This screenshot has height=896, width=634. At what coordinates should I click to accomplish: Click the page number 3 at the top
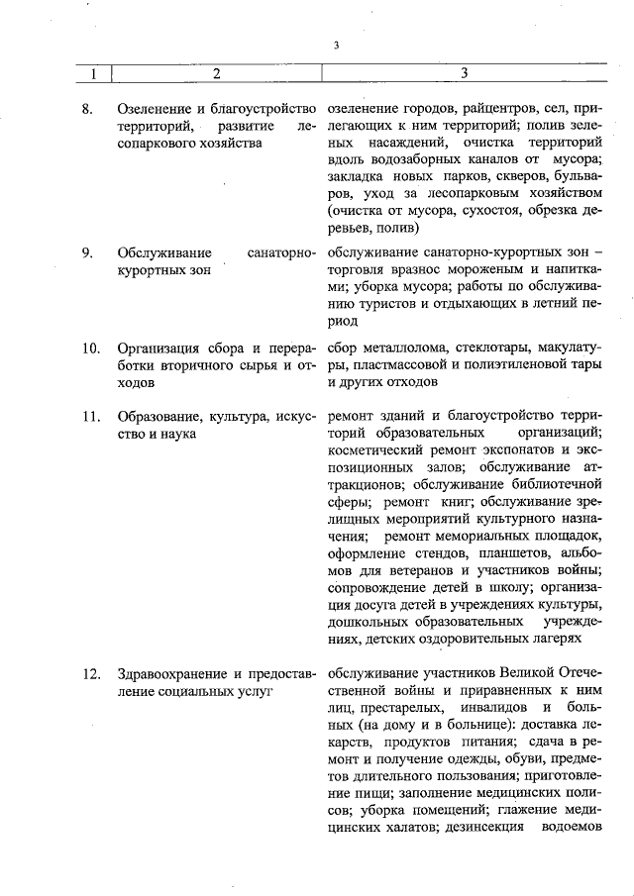[x=337, y=46]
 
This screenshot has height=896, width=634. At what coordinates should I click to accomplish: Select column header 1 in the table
[x=94, y=73]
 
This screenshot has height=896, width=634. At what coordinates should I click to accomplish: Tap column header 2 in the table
[x=216, y=73]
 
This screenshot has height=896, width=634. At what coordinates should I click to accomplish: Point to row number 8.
[x=88, y=107]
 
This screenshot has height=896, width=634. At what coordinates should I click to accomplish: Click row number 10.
[x=91, y=348]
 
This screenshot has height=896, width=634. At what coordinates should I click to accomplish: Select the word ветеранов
[x=418, y=572]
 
